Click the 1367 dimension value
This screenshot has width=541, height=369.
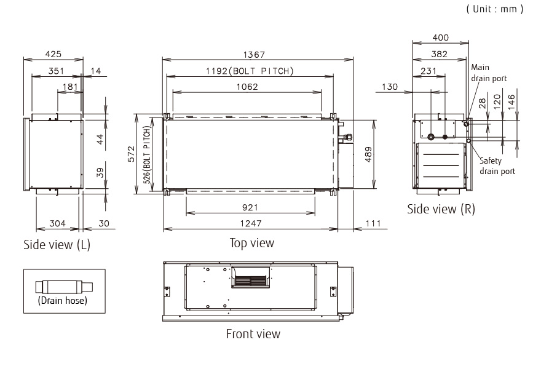258,55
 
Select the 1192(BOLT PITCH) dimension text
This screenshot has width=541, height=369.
250,71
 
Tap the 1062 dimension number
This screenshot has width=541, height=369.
247,87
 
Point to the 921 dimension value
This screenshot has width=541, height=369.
250,208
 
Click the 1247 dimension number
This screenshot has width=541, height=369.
250,224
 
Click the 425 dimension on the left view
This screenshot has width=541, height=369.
53,54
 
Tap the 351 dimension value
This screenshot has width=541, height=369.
56,71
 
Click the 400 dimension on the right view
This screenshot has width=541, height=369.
441,38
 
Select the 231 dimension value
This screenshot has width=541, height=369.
428,71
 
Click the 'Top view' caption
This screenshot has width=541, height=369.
252,244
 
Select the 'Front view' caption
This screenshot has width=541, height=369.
253,335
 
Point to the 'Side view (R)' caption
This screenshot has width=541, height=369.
441,209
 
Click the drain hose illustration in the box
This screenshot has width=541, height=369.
63,287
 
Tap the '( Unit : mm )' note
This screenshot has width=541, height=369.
494,9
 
